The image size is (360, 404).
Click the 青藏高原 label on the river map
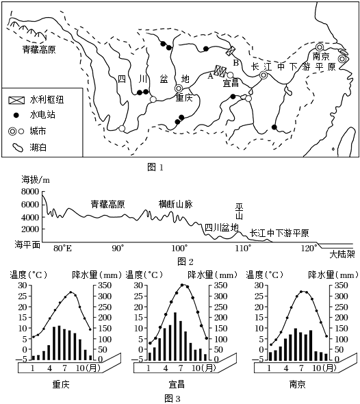39,49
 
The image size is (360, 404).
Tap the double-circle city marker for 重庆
179,88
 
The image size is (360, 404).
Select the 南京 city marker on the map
320,47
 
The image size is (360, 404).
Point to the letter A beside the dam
210,76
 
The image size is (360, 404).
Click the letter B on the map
235,62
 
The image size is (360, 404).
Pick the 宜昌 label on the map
231,83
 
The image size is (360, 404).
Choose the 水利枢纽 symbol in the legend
16,100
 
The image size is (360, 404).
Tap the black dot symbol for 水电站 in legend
16,115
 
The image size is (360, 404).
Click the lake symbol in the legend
18,148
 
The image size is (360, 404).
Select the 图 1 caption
155,168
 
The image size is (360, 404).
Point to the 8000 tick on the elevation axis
30,192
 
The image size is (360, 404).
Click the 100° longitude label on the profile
179,249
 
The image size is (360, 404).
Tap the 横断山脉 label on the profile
176,204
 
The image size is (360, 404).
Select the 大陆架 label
342,255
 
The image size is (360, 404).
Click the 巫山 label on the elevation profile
239,212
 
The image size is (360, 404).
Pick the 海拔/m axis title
36,179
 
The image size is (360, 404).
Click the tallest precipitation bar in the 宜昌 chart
175,336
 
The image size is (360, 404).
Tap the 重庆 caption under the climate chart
61,385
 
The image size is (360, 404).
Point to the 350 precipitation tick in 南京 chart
342,286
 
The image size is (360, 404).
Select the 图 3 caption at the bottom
172,399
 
